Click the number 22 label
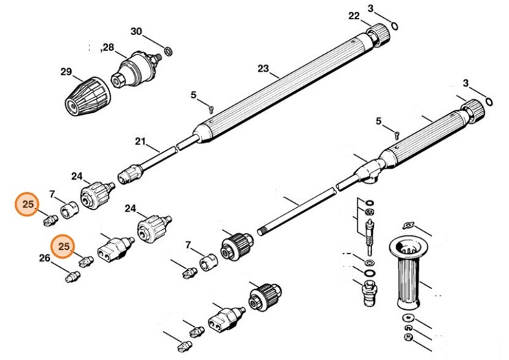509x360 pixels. (x=354, y=15)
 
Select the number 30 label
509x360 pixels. (x=136, y=32)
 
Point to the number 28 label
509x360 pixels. (x=108, y=47)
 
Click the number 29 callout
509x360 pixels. (x=66, y=72)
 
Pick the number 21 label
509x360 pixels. (x=141, y=142)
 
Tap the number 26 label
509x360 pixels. (x=44, y=259)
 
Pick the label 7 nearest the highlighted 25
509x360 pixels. (x=52, y=195)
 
